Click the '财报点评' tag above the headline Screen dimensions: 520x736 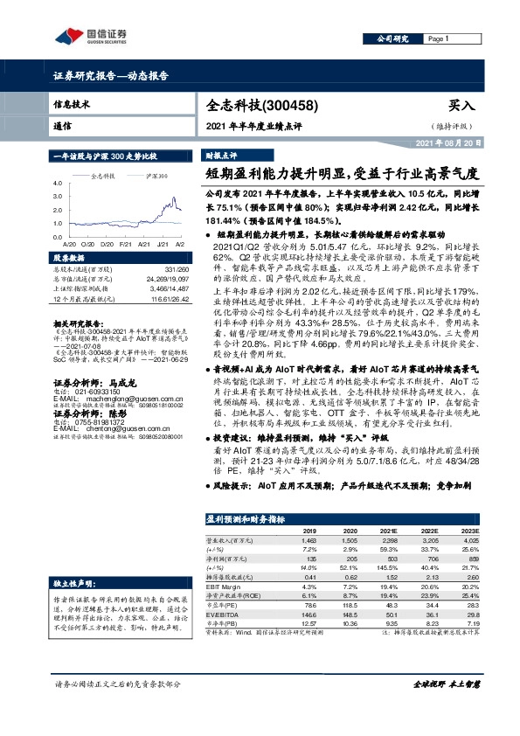221,153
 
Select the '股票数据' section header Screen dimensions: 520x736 70,260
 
